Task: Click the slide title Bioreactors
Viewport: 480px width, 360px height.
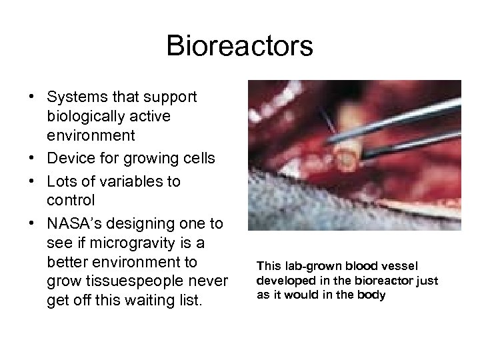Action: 239,46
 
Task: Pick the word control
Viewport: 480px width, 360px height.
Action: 71,201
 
